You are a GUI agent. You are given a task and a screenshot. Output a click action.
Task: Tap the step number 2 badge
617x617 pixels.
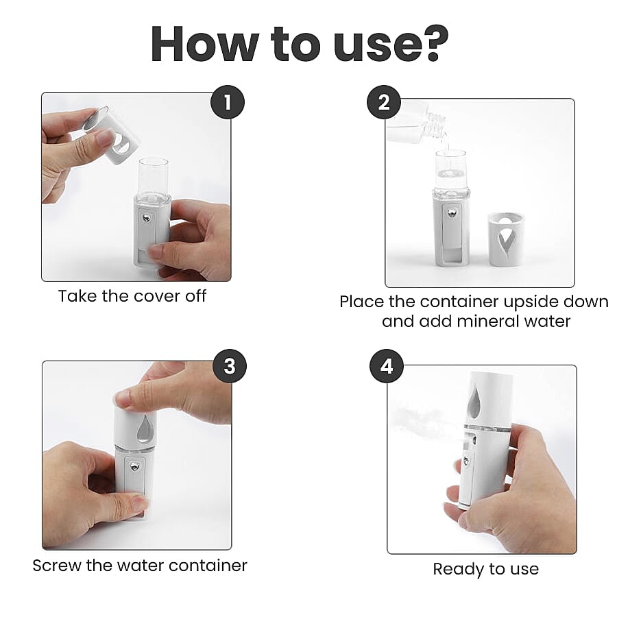[x=383, y=102]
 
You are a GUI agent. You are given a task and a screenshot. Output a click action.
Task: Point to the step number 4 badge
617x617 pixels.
[x=387, y=366]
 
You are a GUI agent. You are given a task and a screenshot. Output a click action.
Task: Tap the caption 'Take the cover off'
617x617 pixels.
[x=132, y=296]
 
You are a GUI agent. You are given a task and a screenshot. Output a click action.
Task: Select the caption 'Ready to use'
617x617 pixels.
[x=485, y=569]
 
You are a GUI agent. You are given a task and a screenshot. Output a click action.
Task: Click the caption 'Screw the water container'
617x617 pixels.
[x=140, y=566]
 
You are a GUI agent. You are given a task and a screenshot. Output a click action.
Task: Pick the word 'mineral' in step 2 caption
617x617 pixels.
[x=482, y=321]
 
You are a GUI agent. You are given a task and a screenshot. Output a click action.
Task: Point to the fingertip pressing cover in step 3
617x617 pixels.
[x=125, y=398]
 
